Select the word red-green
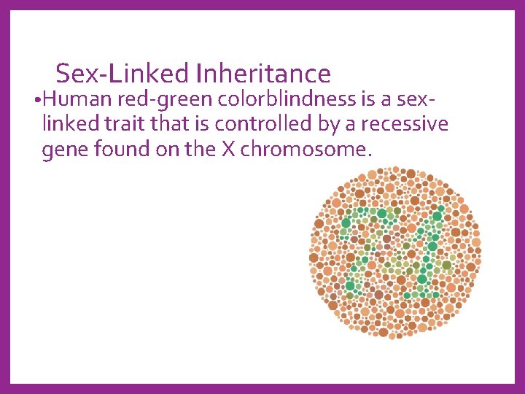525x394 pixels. coord(163,98)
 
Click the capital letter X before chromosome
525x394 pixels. coord(227,150)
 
